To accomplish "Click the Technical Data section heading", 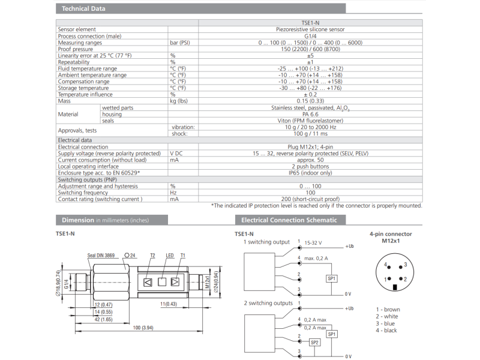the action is pos(83,8).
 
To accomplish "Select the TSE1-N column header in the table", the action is pos(310,23).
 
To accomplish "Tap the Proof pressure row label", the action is pos(76,49).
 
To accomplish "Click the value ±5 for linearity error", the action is pos(310,56).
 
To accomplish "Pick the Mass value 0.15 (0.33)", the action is pos(310,101).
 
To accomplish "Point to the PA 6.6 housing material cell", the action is pos(310,114).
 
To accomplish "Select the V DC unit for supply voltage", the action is pos(176,154).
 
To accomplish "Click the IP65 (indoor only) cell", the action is pos(310,173).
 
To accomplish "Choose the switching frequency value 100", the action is pos(310,193).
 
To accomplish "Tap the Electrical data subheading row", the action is pos(74,140).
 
